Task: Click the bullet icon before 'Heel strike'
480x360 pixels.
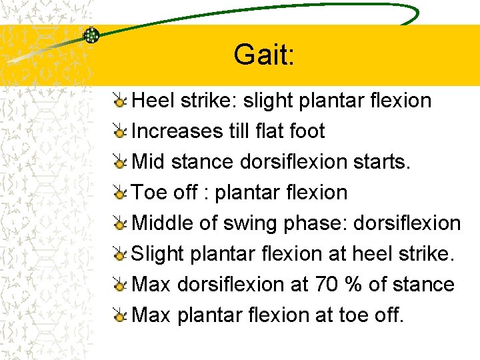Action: tap(120, 101)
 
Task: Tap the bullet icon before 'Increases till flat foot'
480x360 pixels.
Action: tap(120, 131)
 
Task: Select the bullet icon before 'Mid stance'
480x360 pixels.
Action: tap(120, 162)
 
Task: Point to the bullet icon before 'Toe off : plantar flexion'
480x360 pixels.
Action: tap(120, 193)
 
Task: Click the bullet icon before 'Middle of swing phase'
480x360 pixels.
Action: tap(120, 223)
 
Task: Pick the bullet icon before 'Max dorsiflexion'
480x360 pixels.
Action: tap(120, 285)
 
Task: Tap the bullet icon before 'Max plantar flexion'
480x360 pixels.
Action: tap(120, 315)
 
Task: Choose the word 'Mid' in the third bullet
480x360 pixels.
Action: tap(149, 162)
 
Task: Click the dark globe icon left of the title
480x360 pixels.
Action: tap(91, 35)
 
